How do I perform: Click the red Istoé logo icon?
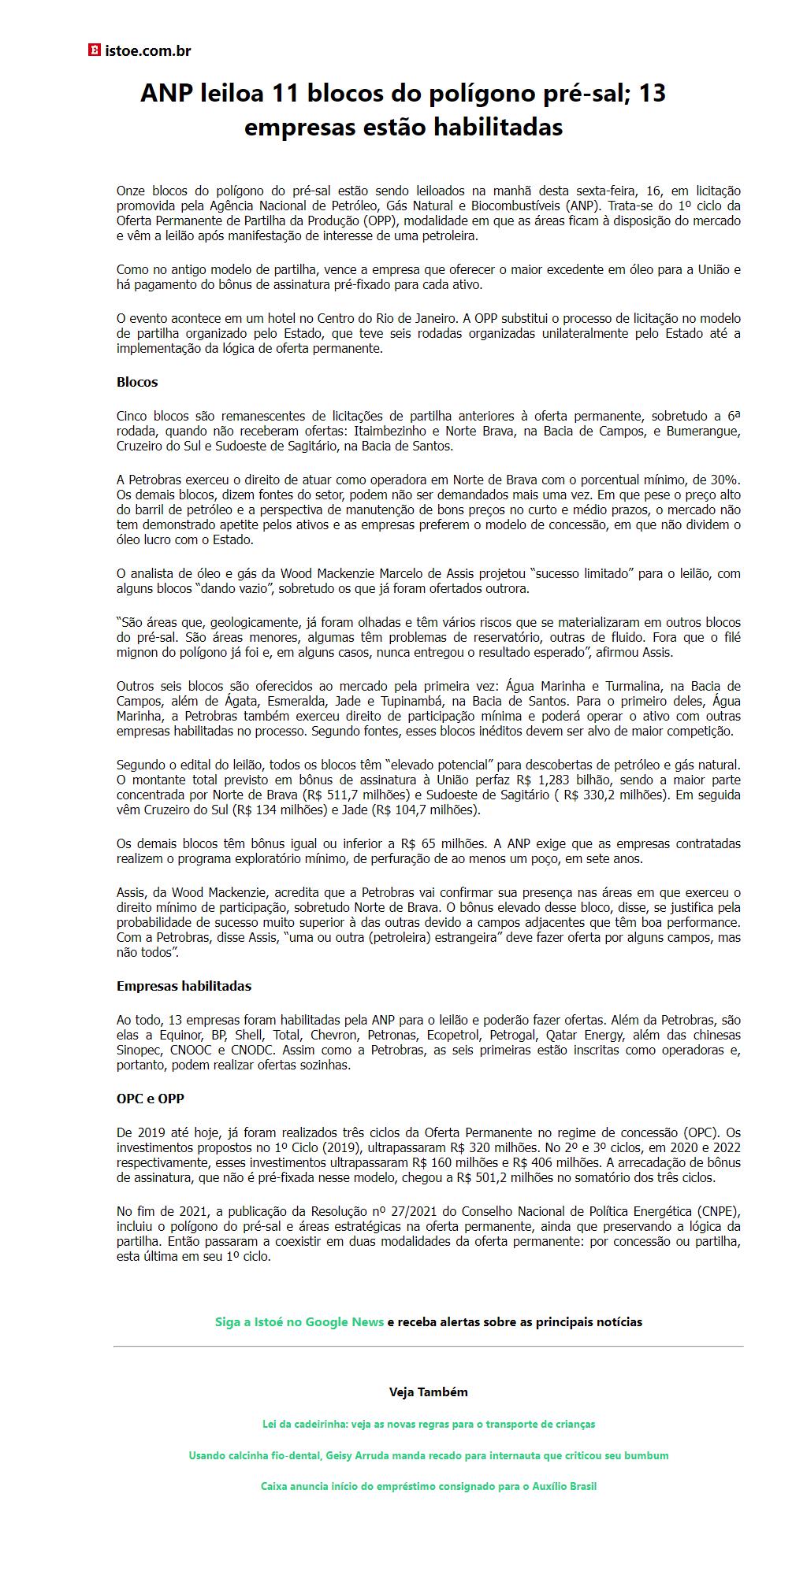tap(94, 51)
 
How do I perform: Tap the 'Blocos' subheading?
tap(137, 382)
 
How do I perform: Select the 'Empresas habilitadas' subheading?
tap(184, 986)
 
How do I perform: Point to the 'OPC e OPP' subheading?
tap(151, 1099)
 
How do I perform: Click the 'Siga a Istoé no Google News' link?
tap(299, 1321)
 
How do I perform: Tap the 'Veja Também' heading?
tap(428, 1392)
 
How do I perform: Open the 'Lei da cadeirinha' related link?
tap(428, 1424)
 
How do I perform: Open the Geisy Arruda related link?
tap(428, 1455)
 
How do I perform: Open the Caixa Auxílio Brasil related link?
tap(428, 1486)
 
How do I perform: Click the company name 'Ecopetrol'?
tap(456, 1035)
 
